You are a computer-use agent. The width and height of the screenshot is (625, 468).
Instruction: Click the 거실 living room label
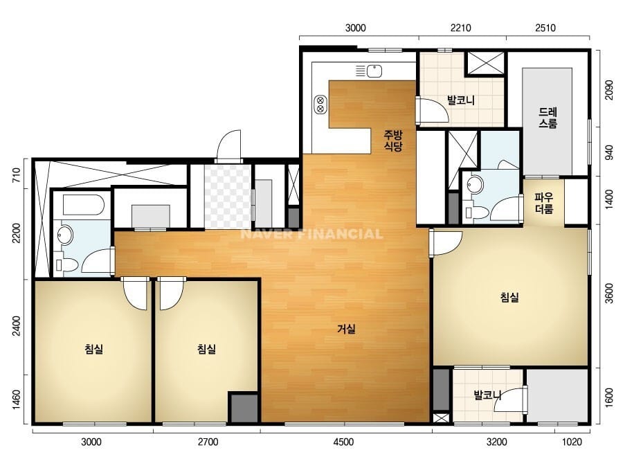pos(346,330)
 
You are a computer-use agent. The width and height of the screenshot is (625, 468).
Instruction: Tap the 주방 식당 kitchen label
pos(393,141)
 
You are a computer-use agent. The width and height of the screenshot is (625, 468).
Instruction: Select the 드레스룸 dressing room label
pos(547,117)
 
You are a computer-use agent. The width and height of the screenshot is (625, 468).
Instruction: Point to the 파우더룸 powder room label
pos(544,203)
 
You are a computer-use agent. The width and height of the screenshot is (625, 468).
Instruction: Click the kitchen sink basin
pos(374,71)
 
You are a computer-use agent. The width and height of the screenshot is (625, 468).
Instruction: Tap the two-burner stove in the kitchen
pos(320,104)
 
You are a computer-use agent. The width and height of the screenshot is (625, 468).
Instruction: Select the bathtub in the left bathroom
pos(84,205)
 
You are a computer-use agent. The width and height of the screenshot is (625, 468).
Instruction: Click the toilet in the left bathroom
pos(67,264)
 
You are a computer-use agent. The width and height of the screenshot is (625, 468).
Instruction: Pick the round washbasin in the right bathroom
pos(474,185)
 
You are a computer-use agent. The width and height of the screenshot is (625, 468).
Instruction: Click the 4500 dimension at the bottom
pos(343,442)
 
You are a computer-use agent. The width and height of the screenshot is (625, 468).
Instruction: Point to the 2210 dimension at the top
pos(460,28)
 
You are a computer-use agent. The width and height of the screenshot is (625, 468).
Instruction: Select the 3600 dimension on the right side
pos(609,294)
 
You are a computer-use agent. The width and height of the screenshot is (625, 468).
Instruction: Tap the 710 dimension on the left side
pos(17,175)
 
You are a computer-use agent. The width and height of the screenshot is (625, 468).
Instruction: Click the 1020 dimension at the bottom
pos(572,442)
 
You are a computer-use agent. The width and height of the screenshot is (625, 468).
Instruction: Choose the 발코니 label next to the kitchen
pos(461,100)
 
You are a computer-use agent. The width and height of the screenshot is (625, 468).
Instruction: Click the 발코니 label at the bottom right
pos(487,395)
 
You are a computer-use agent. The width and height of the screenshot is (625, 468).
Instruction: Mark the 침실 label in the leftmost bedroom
pos(93,349)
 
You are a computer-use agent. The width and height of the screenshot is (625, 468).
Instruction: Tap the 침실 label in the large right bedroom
pos(509,297)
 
